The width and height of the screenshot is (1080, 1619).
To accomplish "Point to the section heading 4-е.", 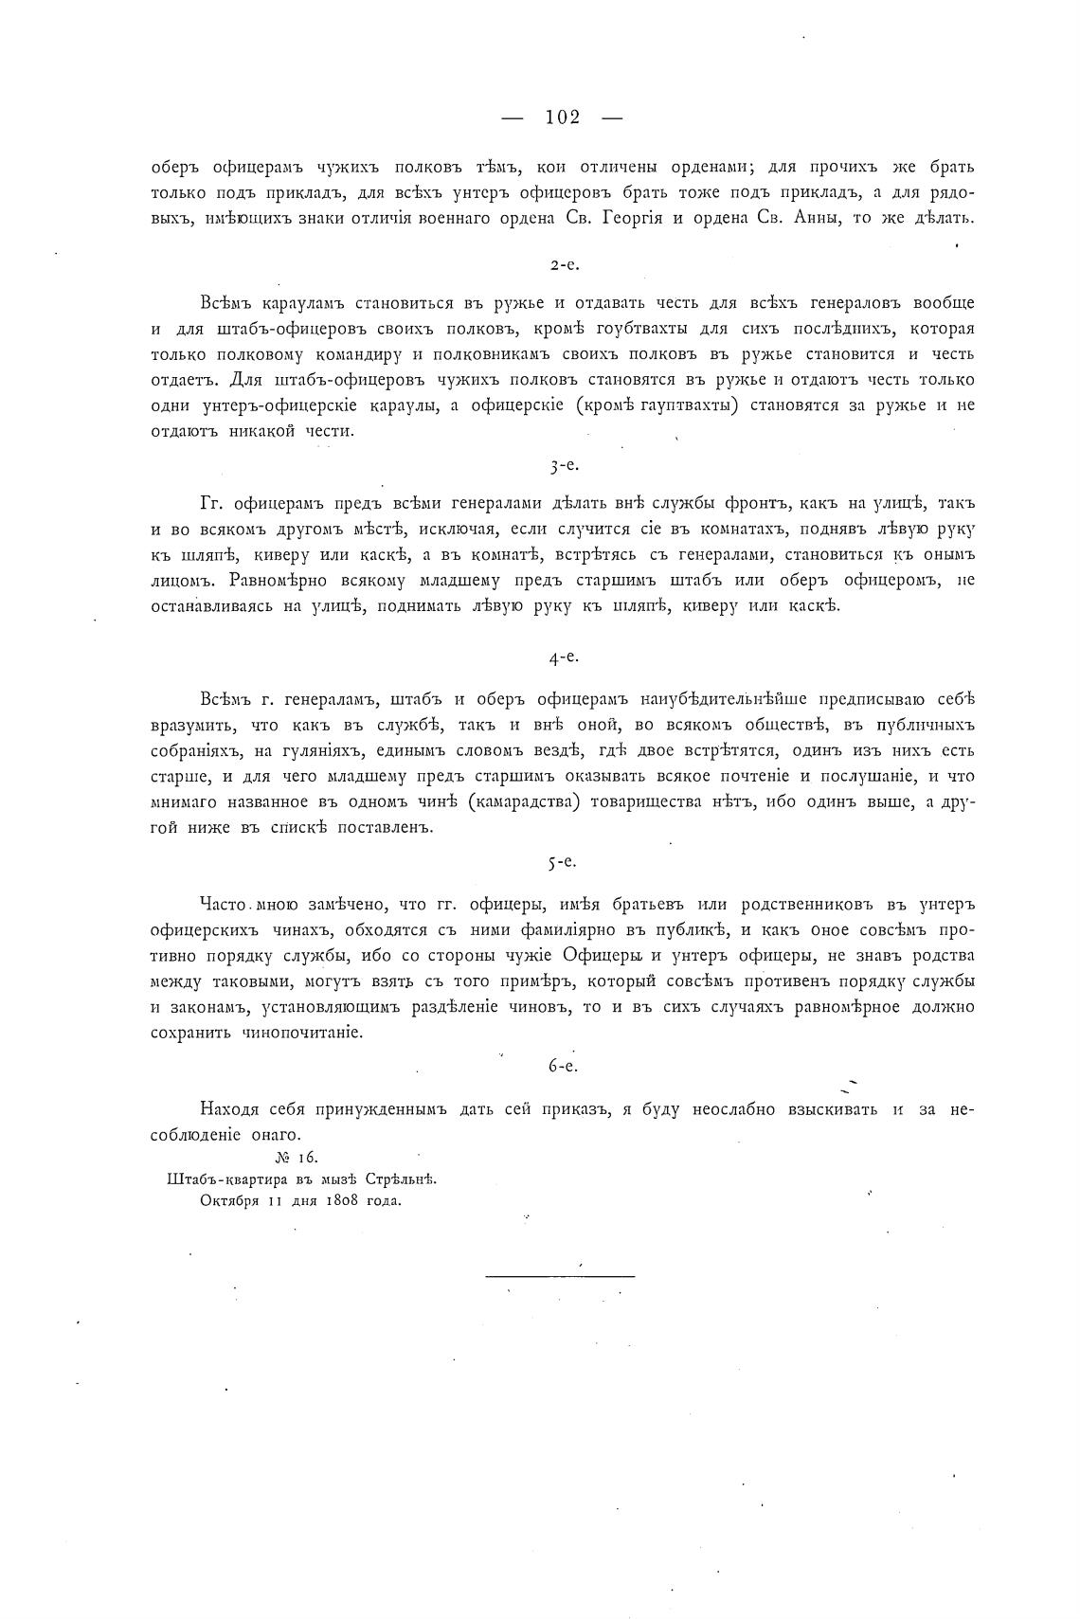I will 563,655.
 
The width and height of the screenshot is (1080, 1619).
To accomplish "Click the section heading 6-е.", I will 563,1065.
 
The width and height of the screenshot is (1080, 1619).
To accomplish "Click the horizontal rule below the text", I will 560,1276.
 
